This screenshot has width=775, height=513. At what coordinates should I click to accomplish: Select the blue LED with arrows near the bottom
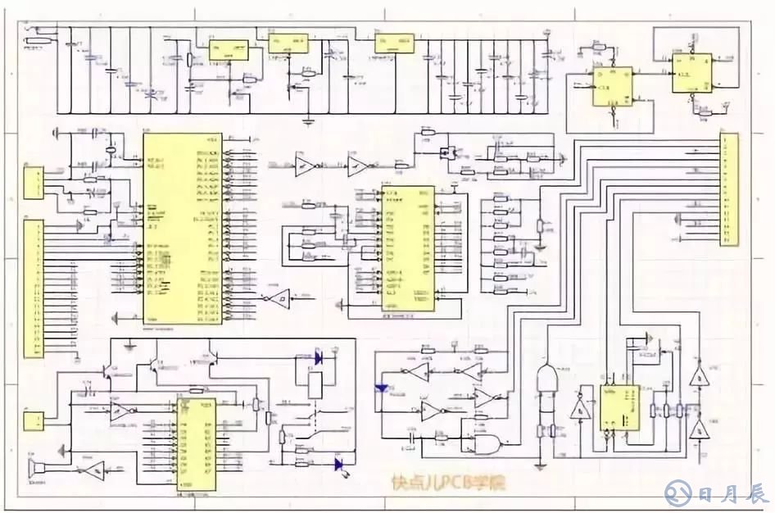(338, 464)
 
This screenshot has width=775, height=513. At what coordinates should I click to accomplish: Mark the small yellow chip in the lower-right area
(619, 406)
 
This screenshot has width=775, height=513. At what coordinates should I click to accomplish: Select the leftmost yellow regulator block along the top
(229, 48)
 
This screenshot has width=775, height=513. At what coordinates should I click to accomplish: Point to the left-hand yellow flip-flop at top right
(614, 86)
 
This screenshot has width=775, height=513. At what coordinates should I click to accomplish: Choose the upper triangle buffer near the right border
(699, 378)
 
